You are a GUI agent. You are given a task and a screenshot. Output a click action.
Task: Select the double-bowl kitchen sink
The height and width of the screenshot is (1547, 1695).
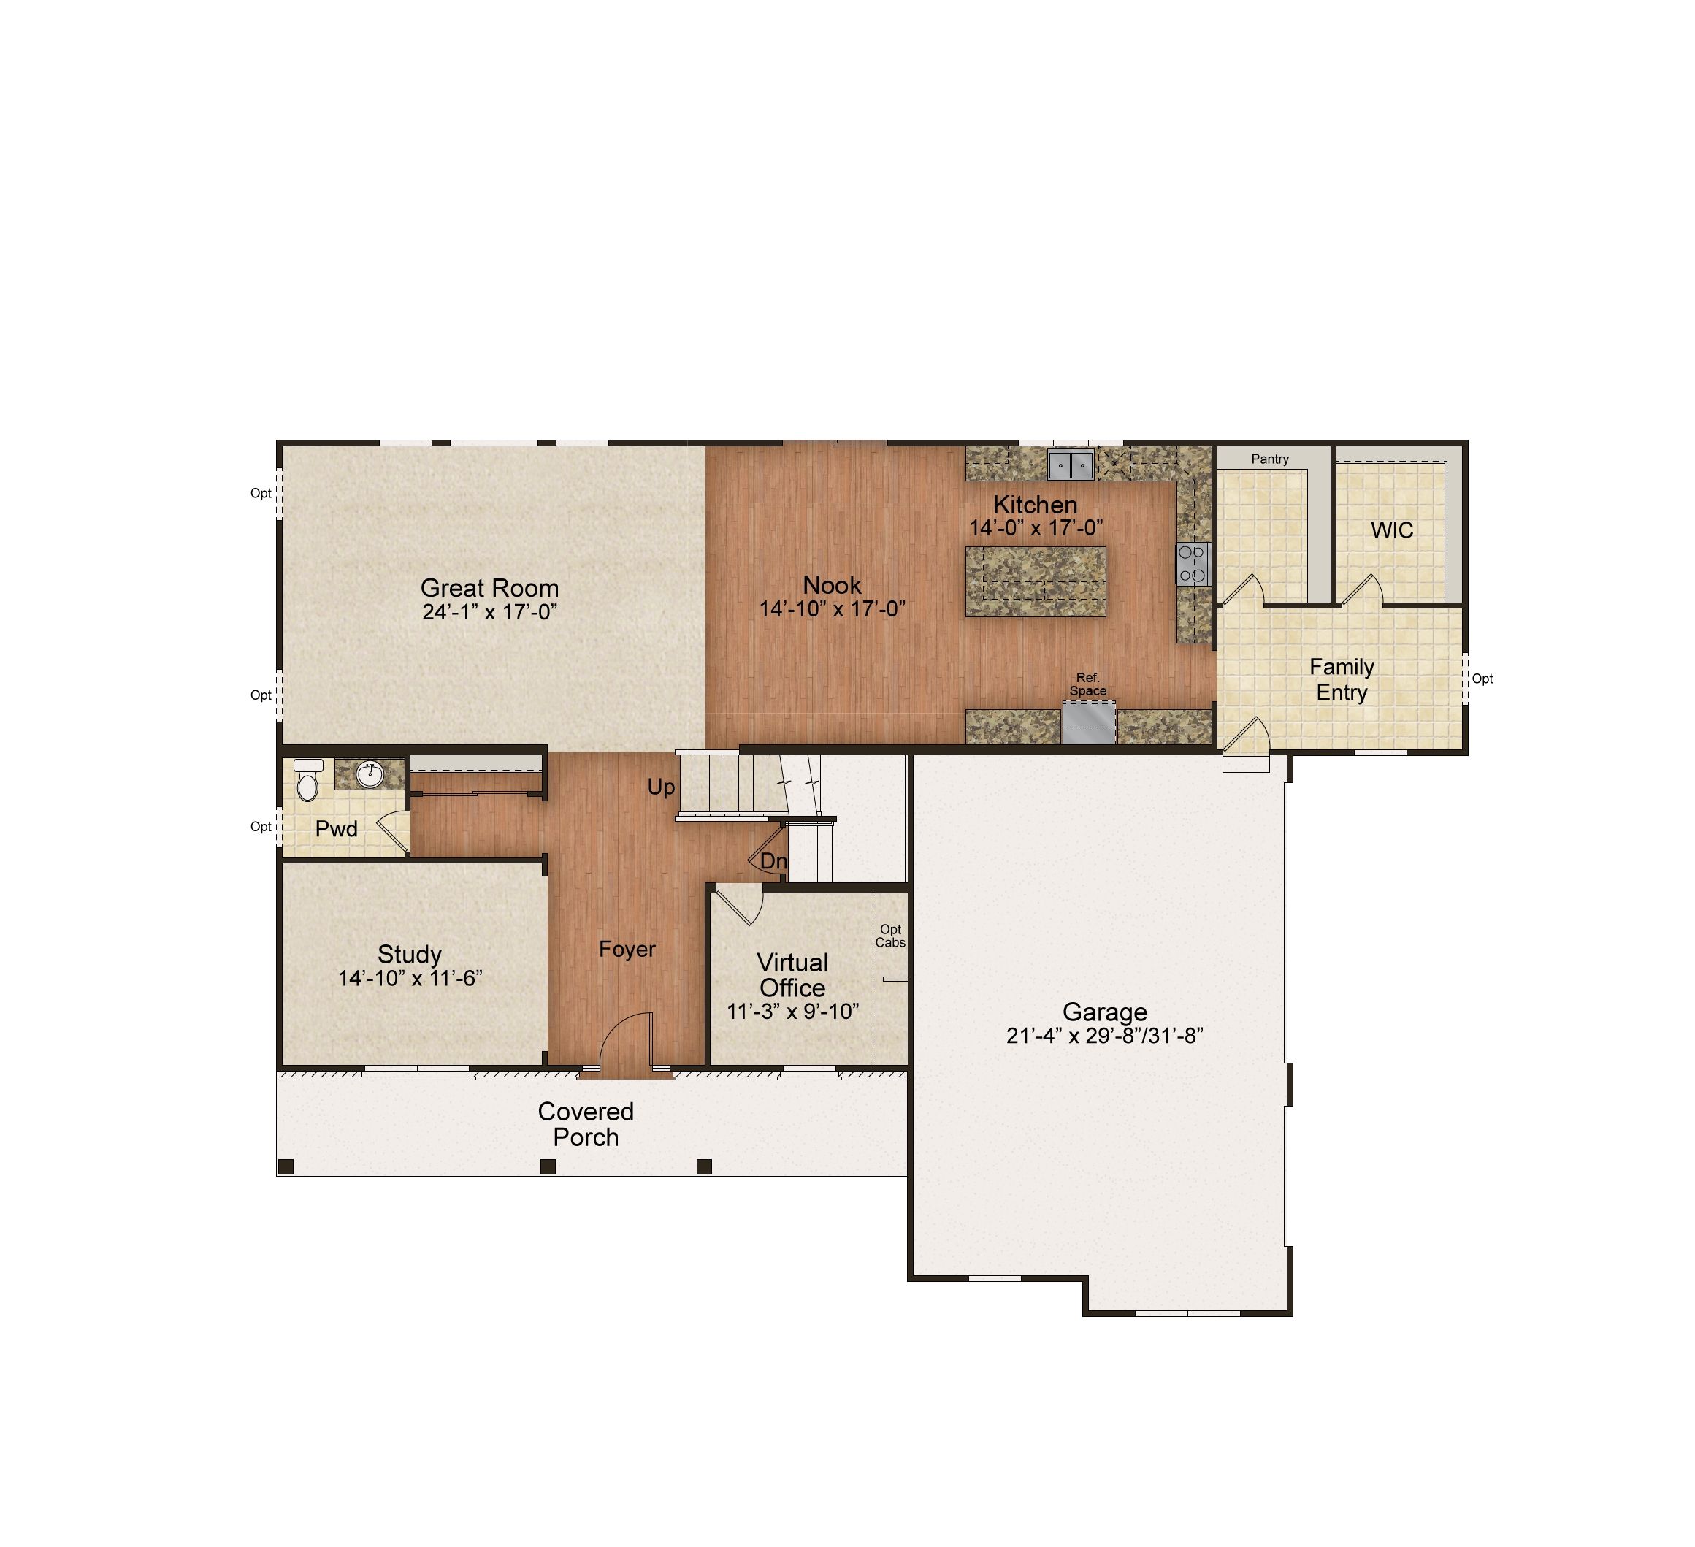pyautogui.click(x=1071, y=464)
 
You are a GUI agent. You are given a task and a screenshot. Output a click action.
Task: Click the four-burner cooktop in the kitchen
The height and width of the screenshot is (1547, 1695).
pyautogui.click(x=1193, y=563)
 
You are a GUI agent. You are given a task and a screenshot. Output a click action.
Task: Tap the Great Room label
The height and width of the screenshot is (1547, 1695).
pyautogui.click(x=489, y=588)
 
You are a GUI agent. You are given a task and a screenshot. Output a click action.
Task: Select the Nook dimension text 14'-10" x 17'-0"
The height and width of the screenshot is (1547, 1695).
pyautogui.click(x=833, y=608)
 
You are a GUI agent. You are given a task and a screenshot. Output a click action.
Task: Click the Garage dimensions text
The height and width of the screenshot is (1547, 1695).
pyautogui.click(x=1105, y=1036)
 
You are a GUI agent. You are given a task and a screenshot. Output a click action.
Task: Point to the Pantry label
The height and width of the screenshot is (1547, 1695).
pyautogui.click(x=1269, y=459)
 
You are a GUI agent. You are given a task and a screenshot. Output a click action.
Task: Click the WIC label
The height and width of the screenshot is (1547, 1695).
pyautogui.click(x=1393, y=530)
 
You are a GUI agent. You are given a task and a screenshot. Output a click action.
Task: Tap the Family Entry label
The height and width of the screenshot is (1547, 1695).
pyautogui.click(x=1342, y=679)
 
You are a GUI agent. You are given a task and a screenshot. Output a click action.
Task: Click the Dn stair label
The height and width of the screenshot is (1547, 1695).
pyautogui.click(x=773, y=861)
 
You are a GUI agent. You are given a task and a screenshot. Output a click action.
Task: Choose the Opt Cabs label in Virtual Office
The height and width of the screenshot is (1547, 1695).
pyautogui.click(x=890, y=936)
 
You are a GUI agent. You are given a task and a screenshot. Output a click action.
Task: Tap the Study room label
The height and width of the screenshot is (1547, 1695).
pyautogui.click(x=410, y=954)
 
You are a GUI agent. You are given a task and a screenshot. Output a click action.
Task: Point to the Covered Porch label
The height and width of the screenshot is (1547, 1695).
pyautogui.click(x=586, y=1124)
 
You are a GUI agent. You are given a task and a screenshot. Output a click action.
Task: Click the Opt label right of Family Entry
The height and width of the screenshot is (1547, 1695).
pyautogui.click(x=1482, y=679)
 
